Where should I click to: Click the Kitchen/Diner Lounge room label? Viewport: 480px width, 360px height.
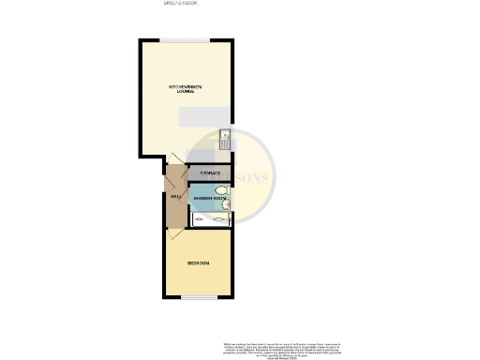pyautogui.click(x=186, y=90)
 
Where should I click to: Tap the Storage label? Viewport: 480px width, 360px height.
pyautogui.click(x=210, y=173)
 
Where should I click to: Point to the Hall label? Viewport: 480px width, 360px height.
pyautogui.click(x=174, y=196)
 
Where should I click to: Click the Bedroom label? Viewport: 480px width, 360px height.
pyautogui.click(x=198, y=263)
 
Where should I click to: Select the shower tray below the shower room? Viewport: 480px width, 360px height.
pyautogui.click(x=212, y=219)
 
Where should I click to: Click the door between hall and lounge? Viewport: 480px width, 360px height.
pyautogui.click(x=175, y=169)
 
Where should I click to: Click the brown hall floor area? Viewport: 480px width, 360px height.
pyautogui.click(x=174, y=208)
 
